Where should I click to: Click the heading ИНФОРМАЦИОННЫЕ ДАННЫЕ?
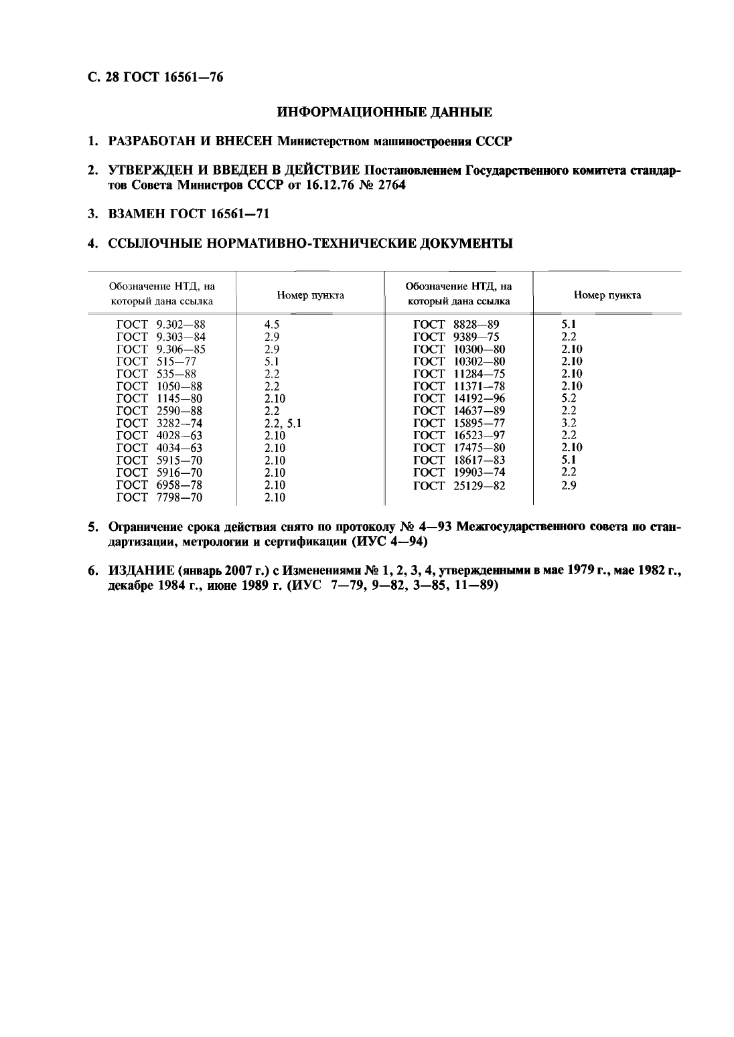(384, 110)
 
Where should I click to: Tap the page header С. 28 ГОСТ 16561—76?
(155, 77)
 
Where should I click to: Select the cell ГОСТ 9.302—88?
(161, 325)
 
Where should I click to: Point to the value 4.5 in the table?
(271, 325)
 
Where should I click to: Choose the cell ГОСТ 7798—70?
(159, 497)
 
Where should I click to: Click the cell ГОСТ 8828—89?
(456, 325)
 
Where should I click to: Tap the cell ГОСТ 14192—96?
(459, 398)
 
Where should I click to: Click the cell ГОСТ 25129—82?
(459, 485)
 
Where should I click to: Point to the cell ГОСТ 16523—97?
(459, 435)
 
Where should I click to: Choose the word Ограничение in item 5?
(144, 527)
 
